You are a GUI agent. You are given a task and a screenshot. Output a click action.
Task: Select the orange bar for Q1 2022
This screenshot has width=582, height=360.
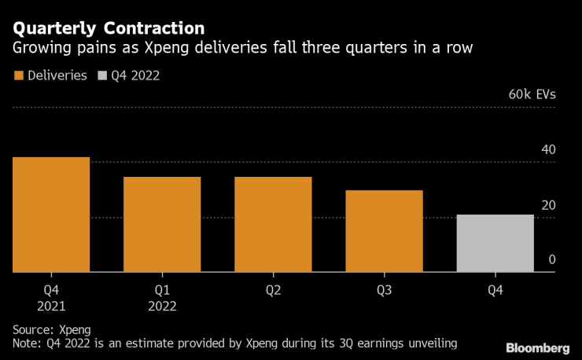pyautogui.click(x=162, y=225)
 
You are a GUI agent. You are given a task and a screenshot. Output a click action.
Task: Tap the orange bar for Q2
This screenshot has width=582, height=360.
pyautogui.click(x=273, y=225)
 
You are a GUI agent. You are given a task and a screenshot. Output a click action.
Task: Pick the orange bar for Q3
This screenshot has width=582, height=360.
pyautogui.click(x=385, y=231)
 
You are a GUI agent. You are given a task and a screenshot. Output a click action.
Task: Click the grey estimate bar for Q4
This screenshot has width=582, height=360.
pyautogui.click(x=495, y=244)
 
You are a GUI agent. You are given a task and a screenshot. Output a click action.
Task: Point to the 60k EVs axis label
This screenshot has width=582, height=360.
pyautogui.click(x=532, y=94)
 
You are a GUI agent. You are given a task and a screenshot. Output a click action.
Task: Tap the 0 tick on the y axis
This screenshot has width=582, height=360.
pyautogui.click(x=551, y=260)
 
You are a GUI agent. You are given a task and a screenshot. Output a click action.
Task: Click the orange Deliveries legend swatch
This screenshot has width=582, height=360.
pyautogui.click(x=18, y=76)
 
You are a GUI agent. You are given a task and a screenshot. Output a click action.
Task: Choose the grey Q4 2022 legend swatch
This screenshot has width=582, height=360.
pyautogui.click(x=103, y=76)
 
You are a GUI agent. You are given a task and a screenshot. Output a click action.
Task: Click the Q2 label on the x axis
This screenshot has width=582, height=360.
pyautogui.click(x=273, y=290)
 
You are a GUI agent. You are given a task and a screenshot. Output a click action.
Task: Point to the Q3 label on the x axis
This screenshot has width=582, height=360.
pyautogui.click(x=385, y=290)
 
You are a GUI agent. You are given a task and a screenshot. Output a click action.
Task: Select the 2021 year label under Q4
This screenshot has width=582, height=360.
pyautogui.click(x=50, y=306)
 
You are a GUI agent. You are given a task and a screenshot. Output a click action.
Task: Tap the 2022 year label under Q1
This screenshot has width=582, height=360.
pyautogui.click(x=162, y=306)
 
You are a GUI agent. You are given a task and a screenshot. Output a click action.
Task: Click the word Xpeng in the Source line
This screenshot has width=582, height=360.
pyautogui.click(x=76, y=329)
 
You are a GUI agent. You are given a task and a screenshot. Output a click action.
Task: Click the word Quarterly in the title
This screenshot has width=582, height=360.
pyautogui.click(x=53, y=28)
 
